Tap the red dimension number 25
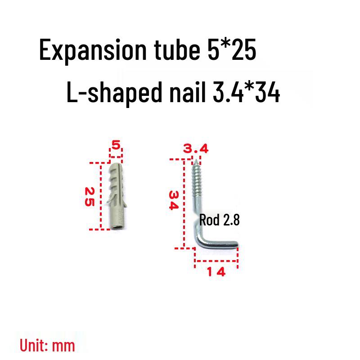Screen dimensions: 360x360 coord(89,196)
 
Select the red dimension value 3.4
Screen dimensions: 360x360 coord(195,148)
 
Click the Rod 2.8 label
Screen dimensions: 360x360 coord(220,220)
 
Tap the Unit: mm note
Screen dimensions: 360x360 coord(47,345)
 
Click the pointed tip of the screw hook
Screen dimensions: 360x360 coord(197,159)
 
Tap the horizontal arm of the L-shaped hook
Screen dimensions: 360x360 coord(220,245)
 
